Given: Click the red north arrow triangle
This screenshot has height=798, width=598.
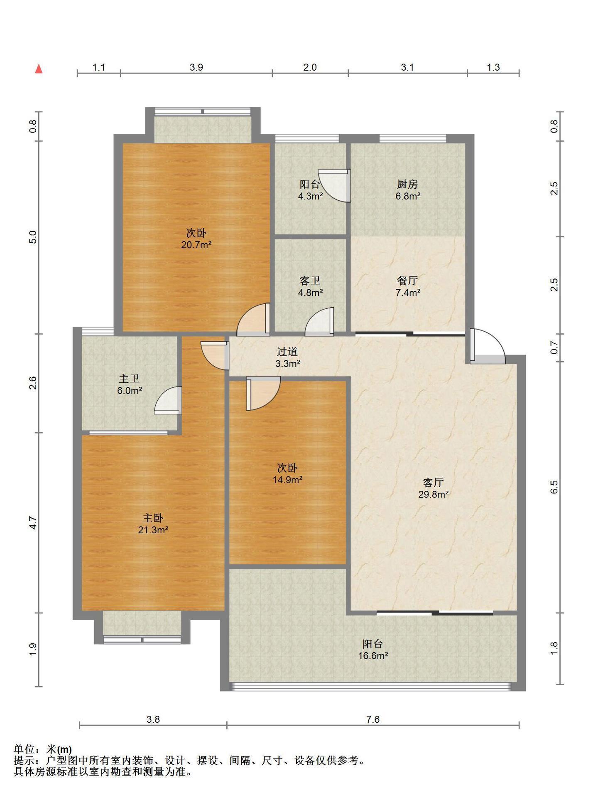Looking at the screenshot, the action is click(x=39, y=69).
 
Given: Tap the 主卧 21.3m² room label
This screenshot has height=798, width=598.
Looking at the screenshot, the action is click(x=153, y=524).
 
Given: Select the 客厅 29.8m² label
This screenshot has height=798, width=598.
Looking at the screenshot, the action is click(x=433, y=488).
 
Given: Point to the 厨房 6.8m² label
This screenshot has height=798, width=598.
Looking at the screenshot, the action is click(x=407, y=190).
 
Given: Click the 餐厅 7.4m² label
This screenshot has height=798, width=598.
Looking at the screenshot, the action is click(x=407, y=286).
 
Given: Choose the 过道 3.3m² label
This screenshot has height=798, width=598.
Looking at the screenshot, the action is click(x=288, y=357).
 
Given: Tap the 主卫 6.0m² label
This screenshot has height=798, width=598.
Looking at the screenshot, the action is click(x=130, y=384).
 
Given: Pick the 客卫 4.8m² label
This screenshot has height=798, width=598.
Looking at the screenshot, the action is click(x=310, y=286).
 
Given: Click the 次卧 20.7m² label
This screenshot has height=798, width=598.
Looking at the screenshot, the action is click(x=196, y=239).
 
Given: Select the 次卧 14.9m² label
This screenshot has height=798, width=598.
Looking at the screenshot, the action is click(x=287, y=474).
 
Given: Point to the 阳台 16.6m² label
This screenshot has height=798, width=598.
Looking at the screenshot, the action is click(x=373, y=650).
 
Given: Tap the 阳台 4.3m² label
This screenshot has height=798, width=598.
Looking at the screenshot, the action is click(x=310, y=190).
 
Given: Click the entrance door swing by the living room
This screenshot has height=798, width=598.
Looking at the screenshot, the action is click(x=488, y=346).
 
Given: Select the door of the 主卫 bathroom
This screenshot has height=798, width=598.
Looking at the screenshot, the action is click(x=168, y=400).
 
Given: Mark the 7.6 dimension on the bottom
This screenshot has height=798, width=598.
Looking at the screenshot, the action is click(x=373, y=719).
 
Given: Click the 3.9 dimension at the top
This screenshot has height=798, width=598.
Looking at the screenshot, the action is click(x=196, y=67).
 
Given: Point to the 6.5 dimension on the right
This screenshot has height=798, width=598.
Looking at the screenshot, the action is click(x=554, y=487).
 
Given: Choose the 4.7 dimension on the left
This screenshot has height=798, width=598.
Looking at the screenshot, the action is click(x=33, y=522).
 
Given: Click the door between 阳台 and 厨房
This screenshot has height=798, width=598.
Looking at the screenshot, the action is click(x=334, y=186).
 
